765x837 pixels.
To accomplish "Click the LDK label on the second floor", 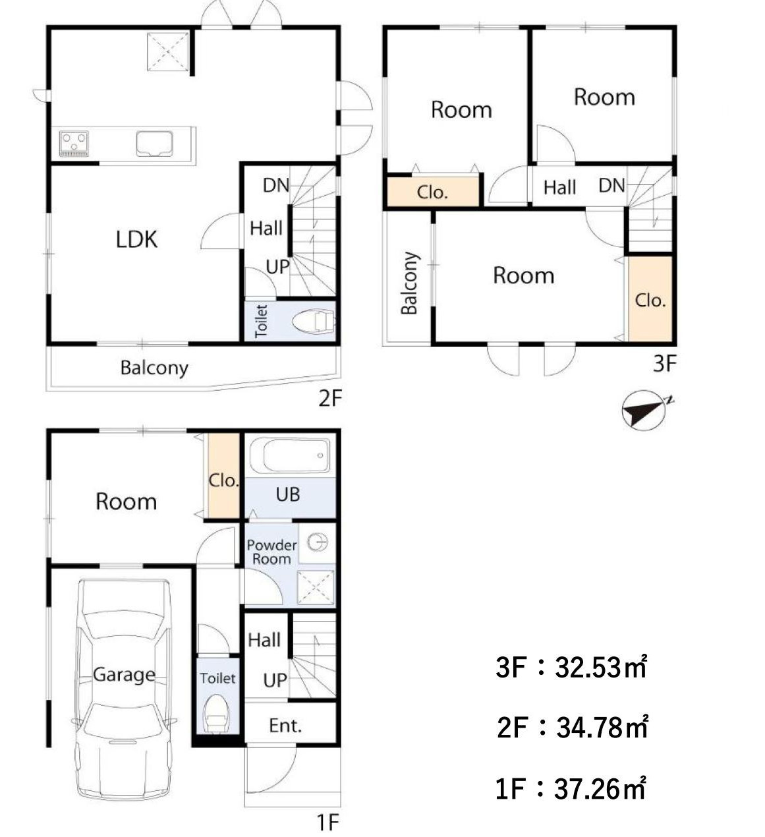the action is (136, 239).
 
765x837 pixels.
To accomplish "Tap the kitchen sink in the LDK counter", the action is (154, 144).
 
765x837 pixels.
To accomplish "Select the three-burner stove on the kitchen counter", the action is (74, 144).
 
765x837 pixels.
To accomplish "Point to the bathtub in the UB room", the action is (290, 455).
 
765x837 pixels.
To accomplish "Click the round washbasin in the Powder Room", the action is (317, 543).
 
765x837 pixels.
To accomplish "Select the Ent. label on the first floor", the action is (285, 726).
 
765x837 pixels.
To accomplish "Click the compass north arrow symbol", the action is (645, 409).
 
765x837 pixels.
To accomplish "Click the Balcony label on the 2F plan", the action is (154, 368).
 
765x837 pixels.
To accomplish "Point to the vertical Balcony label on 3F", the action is (409, 283).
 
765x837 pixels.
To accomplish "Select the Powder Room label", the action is (271, 552).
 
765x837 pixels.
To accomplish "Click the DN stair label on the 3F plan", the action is (612, 186).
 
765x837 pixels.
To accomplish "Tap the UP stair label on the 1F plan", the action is (275, 680).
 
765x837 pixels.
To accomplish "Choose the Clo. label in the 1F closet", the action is (223, 480).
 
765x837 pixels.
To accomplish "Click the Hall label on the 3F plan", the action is (559, 187).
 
